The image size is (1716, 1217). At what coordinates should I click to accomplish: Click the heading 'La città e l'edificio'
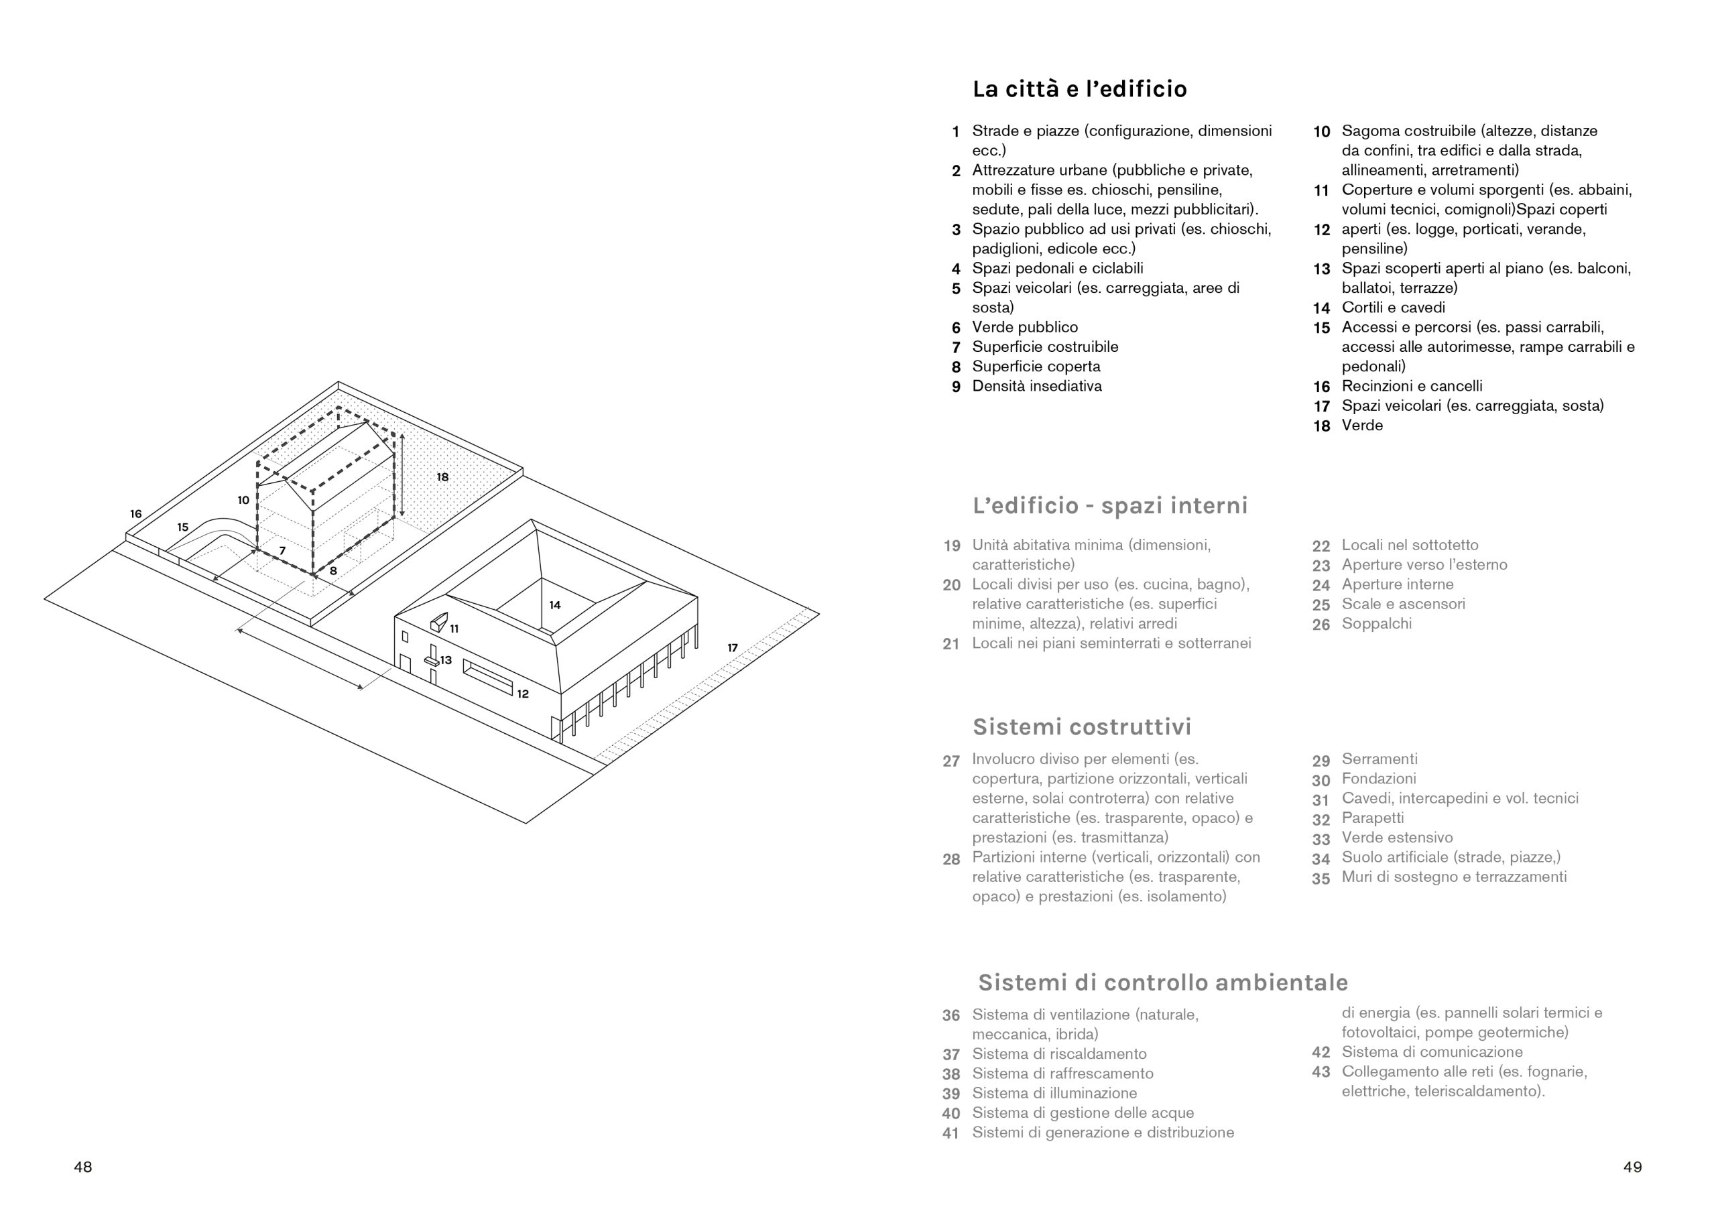tap(1079, 89)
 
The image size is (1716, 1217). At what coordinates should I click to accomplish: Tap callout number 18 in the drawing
tap(443, 476)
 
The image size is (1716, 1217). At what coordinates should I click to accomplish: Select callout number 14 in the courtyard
tap(554, 604)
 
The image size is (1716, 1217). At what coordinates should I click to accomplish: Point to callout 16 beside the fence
tap(135, 514)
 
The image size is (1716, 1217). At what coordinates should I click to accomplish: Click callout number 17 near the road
tap(732, 647)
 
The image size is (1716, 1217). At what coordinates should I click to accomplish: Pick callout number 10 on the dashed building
tap(243, 500)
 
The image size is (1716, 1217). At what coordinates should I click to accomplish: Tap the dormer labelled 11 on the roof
tap(438, 621)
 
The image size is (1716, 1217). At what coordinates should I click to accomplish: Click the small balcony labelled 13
tap(432, 661)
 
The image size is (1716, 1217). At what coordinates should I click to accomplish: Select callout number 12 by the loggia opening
tap(522, 694)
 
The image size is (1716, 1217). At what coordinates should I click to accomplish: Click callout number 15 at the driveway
tap(183, 527)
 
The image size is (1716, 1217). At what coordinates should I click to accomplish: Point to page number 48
tap(82, 1167)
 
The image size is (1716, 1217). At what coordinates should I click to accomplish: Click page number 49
tap(1632, 1167)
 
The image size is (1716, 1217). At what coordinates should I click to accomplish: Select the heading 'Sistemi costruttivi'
tap(1081, 726)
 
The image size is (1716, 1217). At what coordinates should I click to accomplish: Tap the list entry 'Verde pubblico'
tap(1024, 328)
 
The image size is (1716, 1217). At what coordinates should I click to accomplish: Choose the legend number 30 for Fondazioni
tap(1321, 779)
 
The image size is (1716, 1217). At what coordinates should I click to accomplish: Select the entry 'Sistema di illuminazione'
tap(1054, 1092)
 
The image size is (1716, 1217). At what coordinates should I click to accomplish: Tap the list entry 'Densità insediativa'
tap(1036, 386)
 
